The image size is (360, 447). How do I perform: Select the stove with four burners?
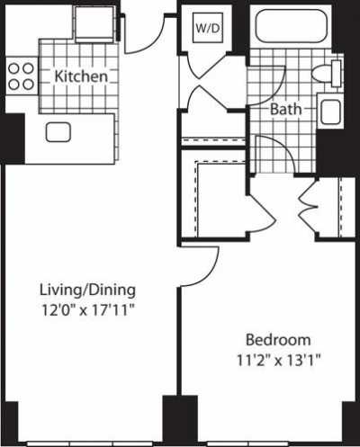coord(21,76)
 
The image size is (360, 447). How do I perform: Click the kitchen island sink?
coord(60,132)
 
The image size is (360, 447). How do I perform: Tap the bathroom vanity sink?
coord(330,112)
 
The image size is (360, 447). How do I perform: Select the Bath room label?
coord(287,111)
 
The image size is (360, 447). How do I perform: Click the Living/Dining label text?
coord(87,290)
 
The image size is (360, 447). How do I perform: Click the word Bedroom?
coord(278,340)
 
